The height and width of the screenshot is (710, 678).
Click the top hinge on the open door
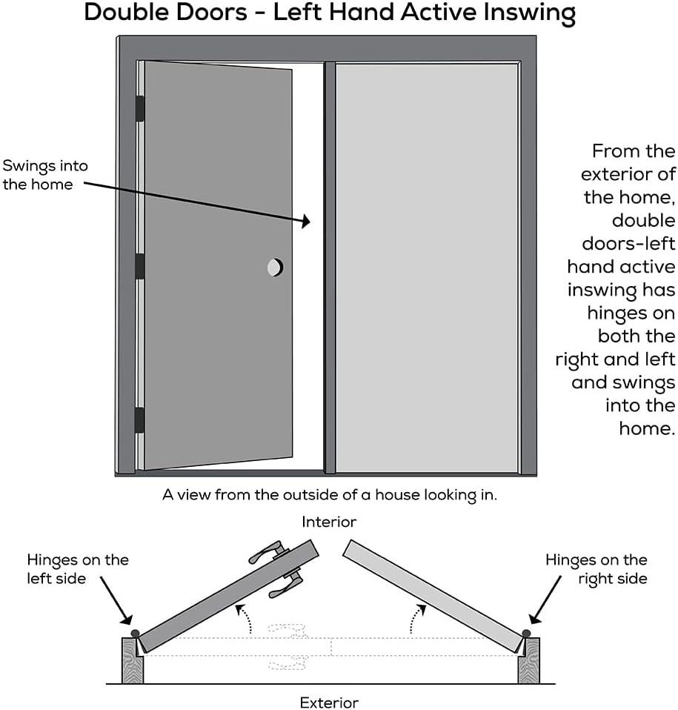139,108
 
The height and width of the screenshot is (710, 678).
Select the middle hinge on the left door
139,266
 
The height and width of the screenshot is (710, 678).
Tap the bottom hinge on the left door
139,419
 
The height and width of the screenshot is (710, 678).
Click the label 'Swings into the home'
44,175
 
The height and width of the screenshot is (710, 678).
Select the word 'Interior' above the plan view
329,522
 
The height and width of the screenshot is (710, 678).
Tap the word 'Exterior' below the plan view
329,702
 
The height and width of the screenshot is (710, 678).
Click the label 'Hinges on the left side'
77,568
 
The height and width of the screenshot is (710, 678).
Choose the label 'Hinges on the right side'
596,568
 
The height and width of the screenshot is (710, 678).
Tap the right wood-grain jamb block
529,661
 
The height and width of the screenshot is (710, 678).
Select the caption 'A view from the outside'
329,495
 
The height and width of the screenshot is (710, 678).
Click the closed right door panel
426,267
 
